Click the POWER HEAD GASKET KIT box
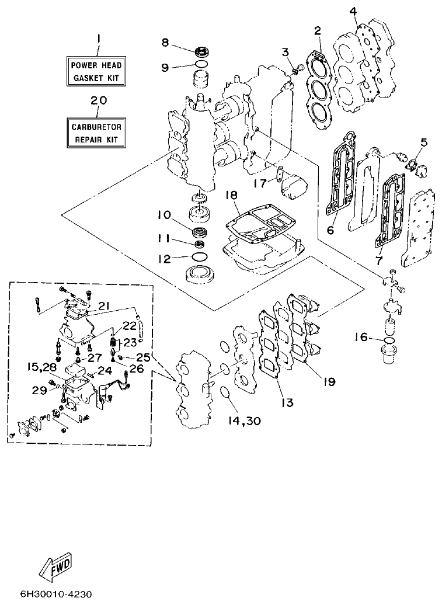[x=96, y=71]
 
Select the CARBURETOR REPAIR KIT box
[x=96, y=132]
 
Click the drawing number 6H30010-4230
[x=48, y=594]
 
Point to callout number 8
[x=165, y=43]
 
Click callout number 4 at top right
[x=353, y=11]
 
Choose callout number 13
[x=287, y=402]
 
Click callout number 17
[x=261, y=183]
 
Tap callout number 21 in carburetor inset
[x=103, y=306]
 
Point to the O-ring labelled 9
[x=201, y=64]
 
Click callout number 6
[x=330, y=230]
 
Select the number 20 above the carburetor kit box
[x=99, y=100]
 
